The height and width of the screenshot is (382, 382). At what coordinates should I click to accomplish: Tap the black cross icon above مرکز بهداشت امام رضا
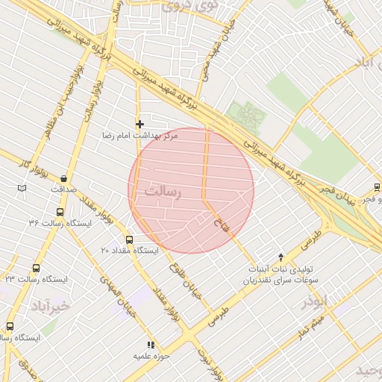pos(139,123)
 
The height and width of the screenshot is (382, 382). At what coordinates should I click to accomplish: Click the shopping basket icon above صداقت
pos(63,179)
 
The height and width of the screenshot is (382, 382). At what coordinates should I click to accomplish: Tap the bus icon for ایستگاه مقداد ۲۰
pos(130,240)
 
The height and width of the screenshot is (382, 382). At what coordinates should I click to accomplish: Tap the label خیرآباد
pos(50,306)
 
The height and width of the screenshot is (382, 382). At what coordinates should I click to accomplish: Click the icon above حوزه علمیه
pos(150,345)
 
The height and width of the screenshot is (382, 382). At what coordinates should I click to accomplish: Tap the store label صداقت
pos(63,190)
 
